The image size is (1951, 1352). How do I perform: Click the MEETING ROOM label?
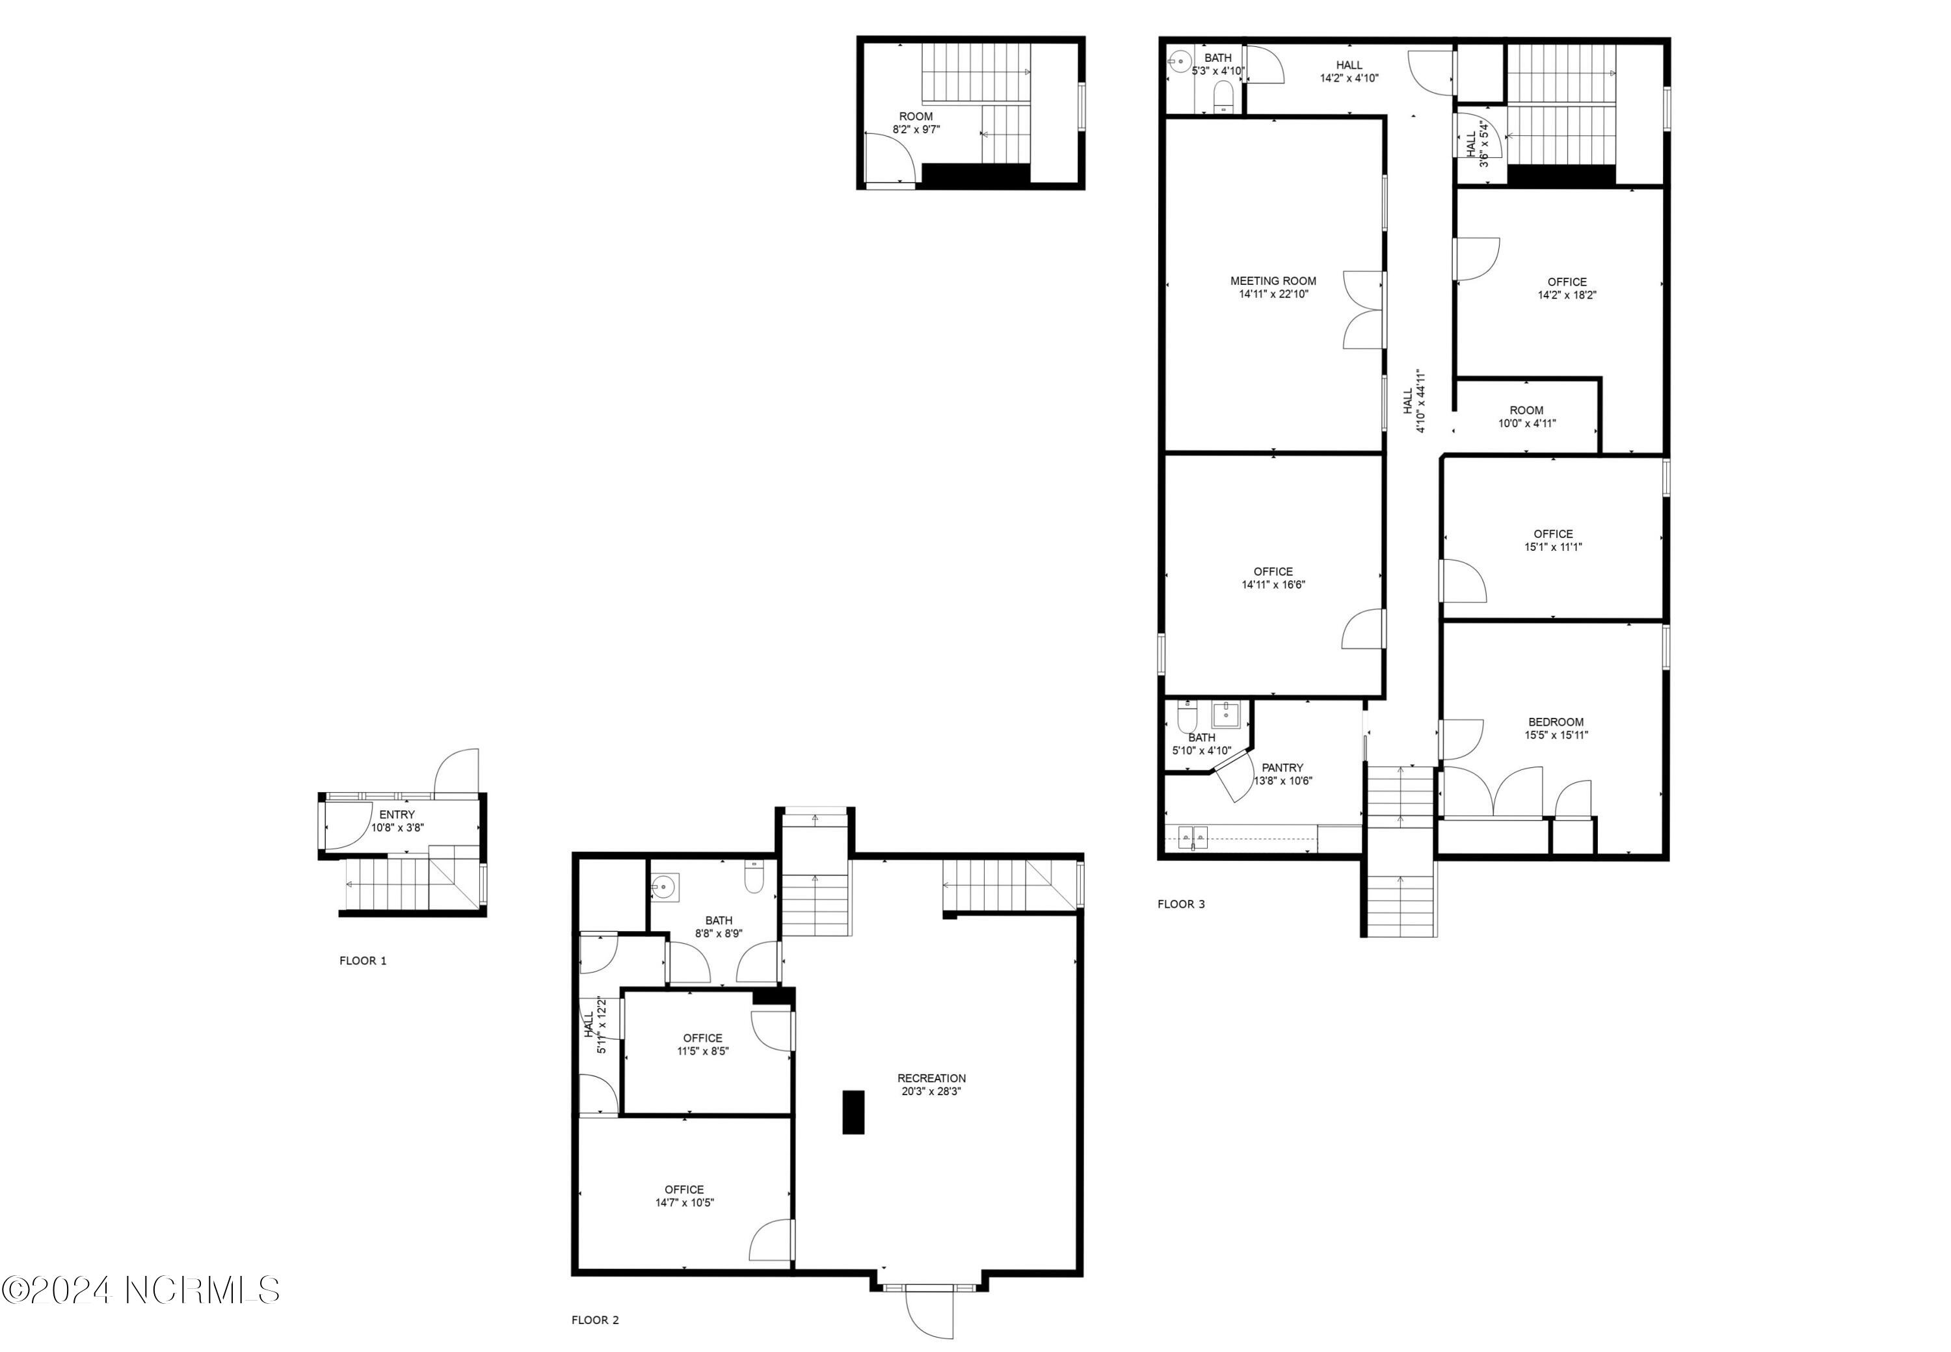pyautogui.click(x=1273, y=281)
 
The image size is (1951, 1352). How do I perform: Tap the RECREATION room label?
pyautogui.click(x=932, y=1078)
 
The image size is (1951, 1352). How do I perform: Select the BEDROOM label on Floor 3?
pyautogui.click(x=1556, y=722)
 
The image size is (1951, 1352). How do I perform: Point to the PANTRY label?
pyautogui.click(x=1282, y=767)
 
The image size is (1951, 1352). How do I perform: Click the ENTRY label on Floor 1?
pyautogui.click(x=397, y=815)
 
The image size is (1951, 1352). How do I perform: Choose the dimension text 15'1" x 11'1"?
pyautogui.click(x=1553, y=548)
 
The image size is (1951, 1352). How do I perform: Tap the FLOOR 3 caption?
pyautogui.click(x=1181, y=905)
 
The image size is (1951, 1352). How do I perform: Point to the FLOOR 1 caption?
pyautogui.click(x=363, y=961)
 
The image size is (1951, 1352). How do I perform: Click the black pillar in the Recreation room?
pyautogui.click(x=853, y=1112)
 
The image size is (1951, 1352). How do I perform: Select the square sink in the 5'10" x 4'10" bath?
pyautogui.click(x=1226, y=715)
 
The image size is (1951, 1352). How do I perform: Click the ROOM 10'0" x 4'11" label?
pyautogui.click(x=1526, y=417)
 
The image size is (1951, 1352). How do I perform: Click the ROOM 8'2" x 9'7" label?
pyautogui.click(x=916, y=123)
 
